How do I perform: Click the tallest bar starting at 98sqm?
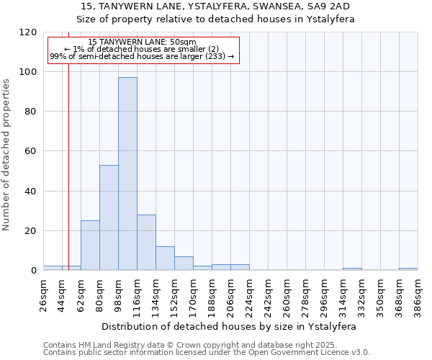click(x=127, y=174)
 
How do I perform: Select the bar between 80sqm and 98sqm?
click(x=109, y=217)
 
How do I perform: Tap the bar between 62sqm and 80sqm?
click(x=90, y=246)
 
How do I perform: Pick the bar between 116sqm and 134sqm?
click(x=146, y=243)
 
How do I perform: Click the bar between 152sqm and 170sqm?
click(x=184, y=264)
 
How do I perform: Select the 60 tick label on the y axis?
click(x=32, y=151)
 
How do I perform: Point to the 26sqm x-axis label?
click(x=44, y=294)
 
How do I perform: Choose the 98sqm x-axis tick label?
click(x=119, y=294)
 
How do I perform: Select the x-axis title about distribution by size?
click(x=230, y=326)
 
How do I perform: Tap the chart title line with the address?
click(x=215, y=6)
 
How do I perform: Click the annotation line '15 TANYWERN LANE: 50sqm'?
click(x=142, y=42)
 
